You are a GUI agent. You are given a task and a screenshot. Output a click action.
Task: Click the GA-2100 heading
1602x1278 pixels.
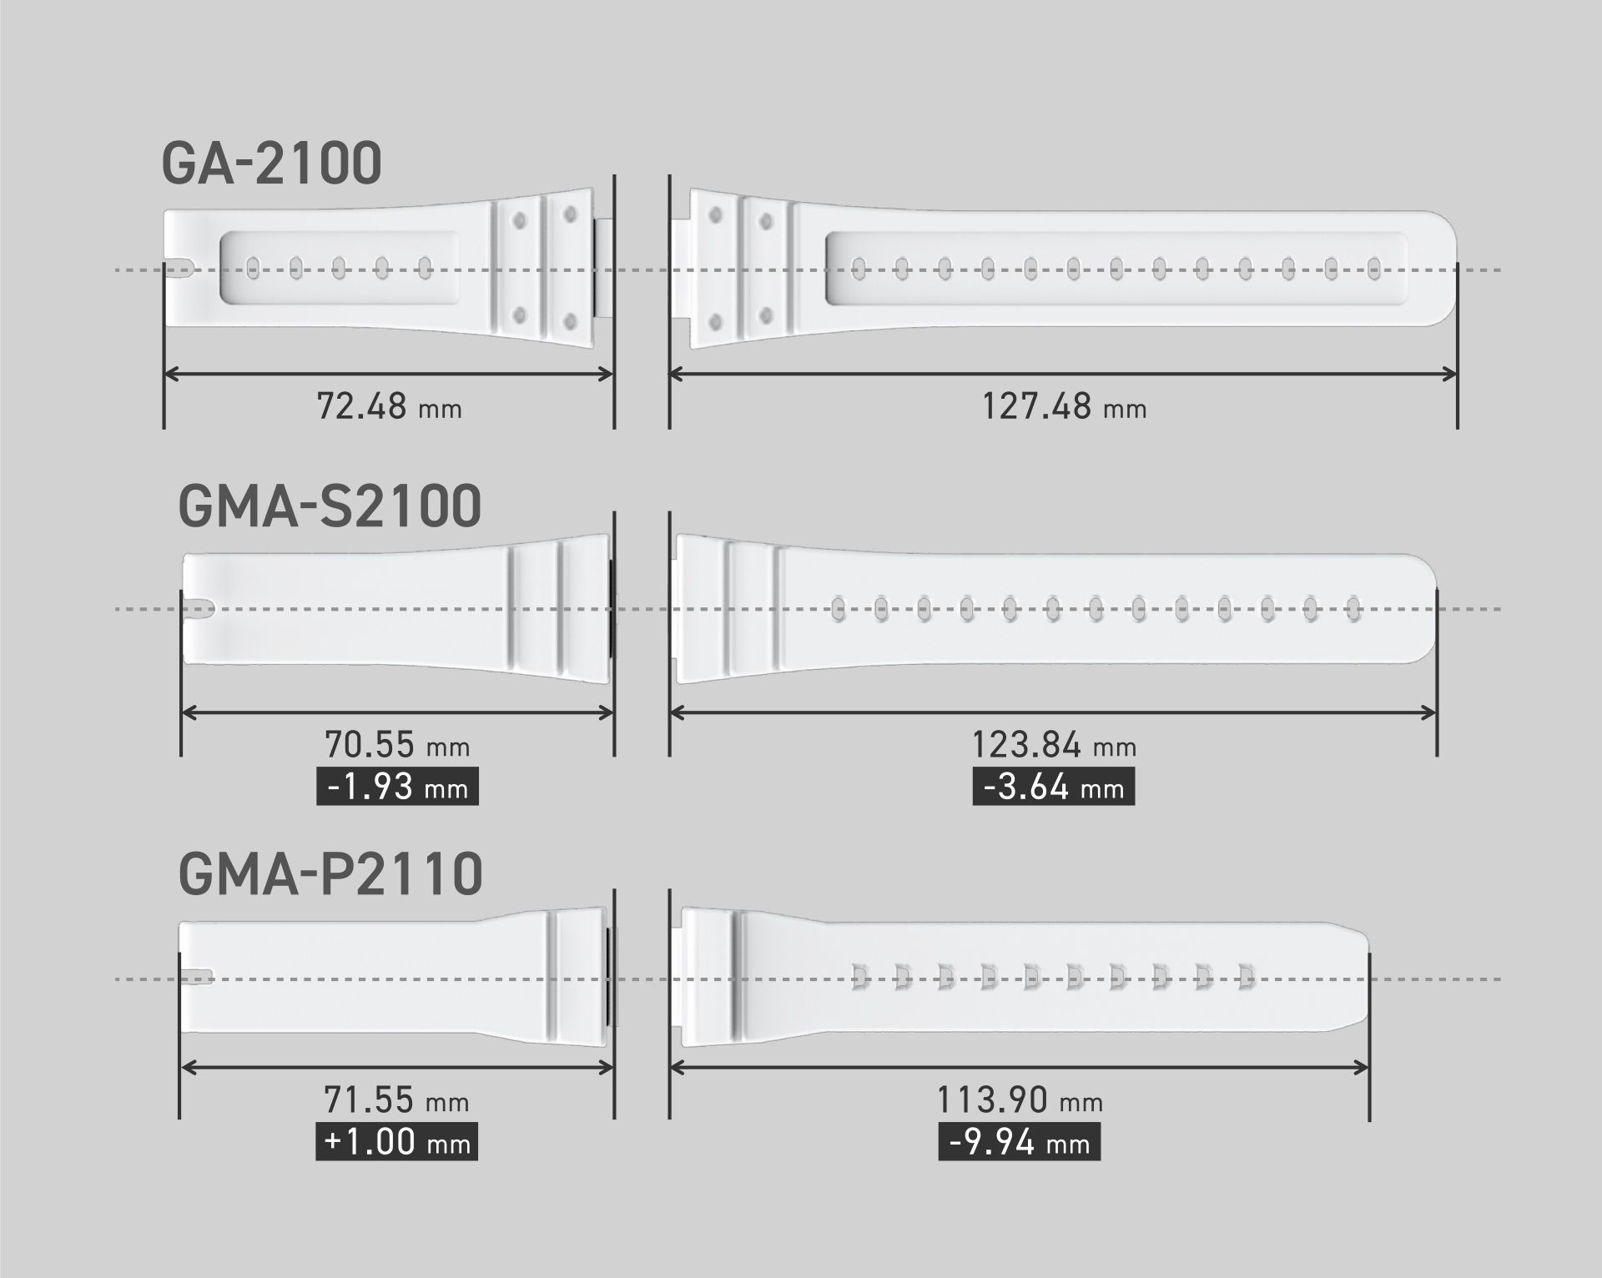click(271, 164)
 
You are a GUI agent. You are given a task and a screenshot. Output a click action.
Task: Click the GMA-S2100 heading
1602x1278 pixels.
click(330, 506)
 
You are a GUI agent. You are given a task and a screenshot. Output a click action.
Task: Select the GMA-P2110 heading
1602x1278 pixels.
click(330, 874)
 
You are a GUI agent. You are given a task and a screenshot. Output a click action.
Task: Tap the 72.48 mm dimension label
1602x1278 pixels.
click(389, 407)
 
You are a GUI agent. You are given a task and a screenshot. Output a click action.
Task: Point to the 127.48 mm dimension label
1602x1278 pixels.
click(1064, 407)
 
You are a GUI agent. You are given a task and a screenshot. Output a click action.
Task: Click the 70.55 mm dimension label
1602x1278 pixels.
click(396, 745)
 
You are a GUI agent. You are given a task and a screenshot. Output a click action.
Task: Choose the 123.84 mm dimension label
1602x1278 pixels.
click(1054, 745)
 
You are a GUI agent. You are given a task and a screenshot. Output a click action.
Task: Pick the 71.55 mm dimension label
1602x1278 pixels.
click(396, 1101)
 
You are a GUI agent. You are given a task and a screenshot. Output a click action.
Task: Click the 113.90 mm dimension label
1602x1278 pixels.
click(1020, 1101)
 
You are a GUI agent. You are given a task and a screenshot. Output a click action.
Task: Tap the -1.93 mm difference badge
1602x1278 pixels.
click(397, 787)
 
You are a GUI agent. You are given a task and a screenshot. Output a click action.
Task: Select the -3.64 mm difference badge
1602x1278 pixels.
click(1053, 787)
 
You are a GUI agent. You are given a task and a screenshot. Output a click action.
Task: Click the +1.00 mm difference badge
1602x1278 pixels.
click(397, 1142)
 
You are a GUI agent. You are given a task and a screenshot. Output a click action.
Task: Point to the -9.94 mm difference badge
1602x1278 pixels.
click(1020, 1142)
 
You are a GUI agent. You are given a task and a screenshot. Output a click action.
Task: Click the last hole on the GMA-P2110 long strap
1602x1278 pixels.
click(1246, 977)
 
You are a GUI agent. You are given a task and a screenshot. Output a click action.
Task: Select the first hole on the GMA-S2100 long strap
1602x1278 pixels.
click(839, 609)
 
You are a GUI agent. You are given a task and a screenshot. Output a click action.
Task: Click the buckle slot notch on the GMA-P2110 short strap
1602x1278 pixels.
click(199, 977)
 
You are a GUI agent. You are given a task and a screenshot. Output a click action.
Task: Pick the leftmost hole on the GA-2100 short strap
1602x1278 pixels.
click(252, 268)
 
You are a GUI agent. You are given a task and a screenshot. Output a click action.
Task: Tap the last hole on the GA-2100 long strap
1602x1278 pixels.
click(1374, 268)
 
